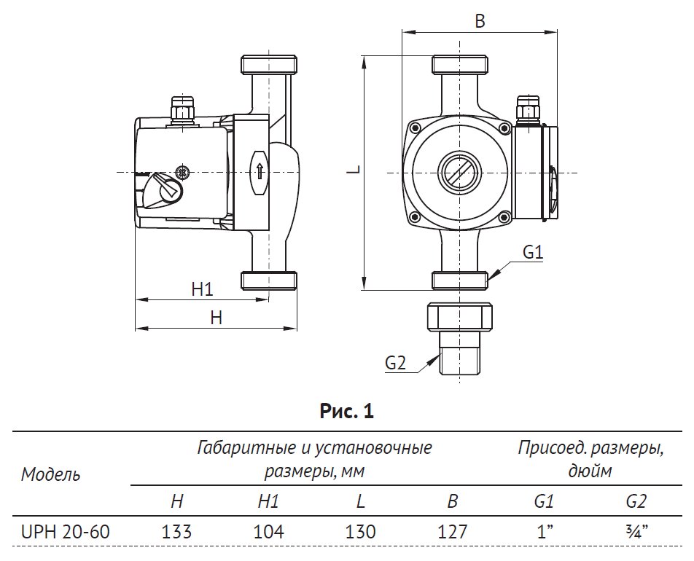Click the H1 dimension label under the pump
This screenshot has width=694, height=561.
[202, 289]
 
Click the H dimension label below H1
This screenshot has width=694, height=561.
[216, 318]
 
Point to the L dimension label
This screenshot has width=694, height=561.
[353, 170]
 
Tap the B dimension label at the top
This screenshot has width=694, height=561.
[480, 21]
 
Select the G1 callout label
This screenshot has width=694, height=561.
[534, 253]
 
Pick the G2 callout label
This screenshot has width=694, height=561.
[394, 362]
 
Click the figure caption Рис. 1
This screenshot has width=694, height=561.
[347, 412]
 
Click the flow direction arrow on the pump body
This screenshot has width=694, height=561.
[259, 172]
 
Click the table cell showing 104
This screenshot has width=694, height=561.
[268, 532]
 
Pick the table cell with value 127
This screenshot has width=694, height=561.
[452, 532]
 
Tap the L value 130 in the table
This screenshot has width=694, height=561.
[360, 532]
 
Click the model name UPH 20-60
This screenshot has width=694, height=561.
[66, 532]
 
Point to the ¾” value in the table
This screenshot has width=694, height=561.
[636, 532]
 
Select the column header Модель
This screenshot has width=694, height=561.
[50, 475]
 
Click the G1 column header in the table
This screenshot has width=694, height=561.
[544, 501]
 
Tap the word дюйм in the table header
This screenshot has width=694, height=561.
[590, 471]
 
